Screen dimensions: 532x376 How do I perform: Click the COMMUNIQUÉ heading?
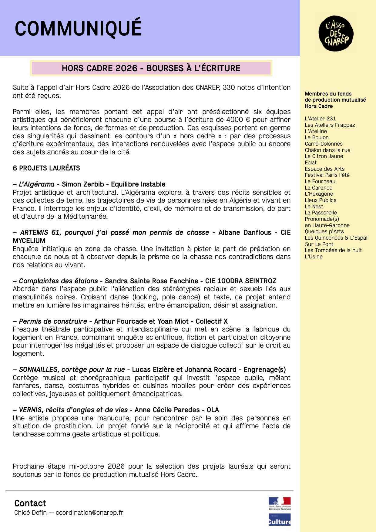pyautogui.click(x=78, y=29)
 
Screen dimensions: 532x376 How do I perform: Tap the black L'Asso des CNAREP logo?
pyautogui.click(x=336, y=33)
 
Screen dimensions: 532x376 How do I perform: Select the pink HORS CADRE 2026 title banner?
pyautogui.click(x=151, y=68)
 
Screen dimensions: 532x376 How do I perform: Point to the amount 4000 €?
pyautogui.click(x=238, y=120)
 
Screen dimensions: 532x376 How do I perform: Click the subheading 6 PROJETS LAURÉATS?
pyautogui.click(x=46, y=168)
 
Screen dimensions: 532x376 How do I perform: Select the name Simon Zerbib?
pyautogui.click(x=83, y=184)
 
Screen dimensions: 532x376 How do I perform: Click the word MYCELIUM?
pyautogui.click(x=29, y=241)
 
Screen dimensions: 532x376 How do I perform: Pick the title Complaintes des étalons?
pyautogui.click(x=58, y=281)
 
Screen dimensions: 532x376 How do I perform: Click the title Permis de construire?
pyautogui.click(x=53, y=322)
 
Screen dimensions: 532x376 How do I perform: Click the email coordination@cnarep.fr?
pyautogui.click(x=89, y=513)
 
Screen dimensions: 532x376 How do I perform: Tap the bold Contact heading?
pyautogui.click(x=30, y=503)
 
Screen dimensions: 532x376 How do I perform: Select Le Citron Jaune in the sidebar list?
pyautogui.click(x=324, y=156)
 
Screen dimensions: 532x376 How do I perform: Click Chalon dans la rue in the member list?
pyautogui.click(x=327, y=150)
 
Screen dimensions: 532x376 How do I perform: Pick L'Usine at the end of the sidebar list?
pyautogui.click(x=314, y=257)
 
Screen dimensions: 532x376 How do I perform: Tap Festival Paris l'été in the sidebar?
pyautogui.click(x=327, y=175)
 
